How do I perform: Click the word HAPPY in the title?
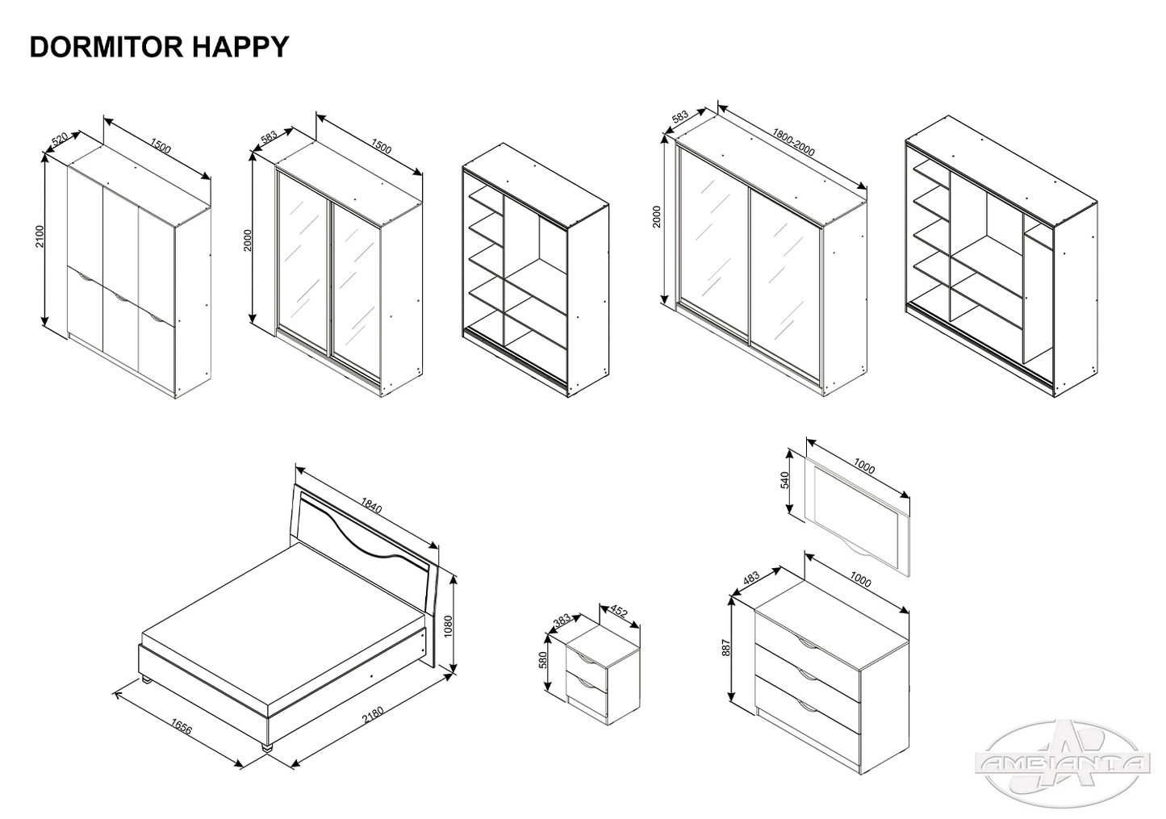[x=240, y=47]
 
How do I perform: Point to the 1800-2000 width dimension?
[x=793, y=142]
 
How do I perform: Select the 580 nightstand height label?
[x=543, y=661]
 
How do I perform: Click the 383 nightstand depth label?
[x=562, y=620]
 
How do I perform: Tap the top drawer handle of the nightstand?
[x=592, y=661]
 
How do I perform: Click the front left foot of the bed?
[x=269, y=748]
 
